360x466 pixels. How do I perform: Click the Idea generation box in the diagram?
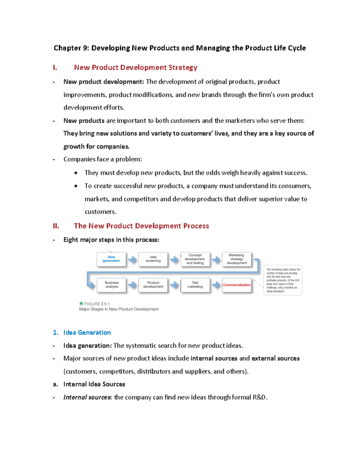pyautogui.click(x=111, y=259)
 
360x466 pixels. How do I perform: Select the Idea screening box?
pyautogui.click(x=153, y=259)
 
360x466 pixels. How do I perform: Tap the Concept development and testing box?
pyautogui.click(x=195, y=259)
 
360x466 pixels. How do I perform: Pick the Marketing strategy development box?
pyautogui.click(x=236, y=259)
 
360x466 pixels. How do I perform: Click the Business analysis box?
pyautogui.click(x=112, y=285)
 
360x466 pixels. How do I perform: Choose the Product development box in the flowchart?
pyautogui.click(x=153, y=285)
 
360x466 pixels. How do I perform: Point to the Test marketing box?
pyautogui.click(x=195, y=285)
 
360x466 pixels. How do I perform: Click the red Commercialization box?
pyautogui.click(x=237, y=285)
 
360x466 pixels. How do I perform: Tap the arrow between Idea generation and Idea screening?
pyautogui.click(x=132, y=260)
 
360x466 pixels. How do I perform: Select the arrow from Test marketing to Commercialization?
pyautogui.click(x=216, y=285)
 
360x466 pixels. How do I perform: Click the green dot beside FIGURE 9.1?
pyautogui.click(x=81, y=304)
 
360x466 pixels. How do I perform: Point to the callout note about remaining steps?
pyautogui.click(x=283, y=280)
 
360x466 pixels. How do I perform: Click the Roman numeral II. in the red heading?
pyautogui.click(x=56, y=226)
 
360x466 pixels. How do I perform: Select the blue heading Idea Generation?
pyautogui.click(x=87, y=332)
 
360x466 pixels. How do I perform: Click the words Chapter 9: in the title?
pyautogui.click(x=71, y=48)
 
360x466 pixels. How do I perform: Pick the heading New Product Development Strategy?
pyautogui.click(x=136, y=68)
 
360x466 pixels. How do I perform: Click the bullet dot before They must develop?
pyautogui.click(x=76, y=173)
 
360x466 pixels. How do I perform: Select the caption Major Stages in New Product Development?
pyautogui.click(x=119, y=309)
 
